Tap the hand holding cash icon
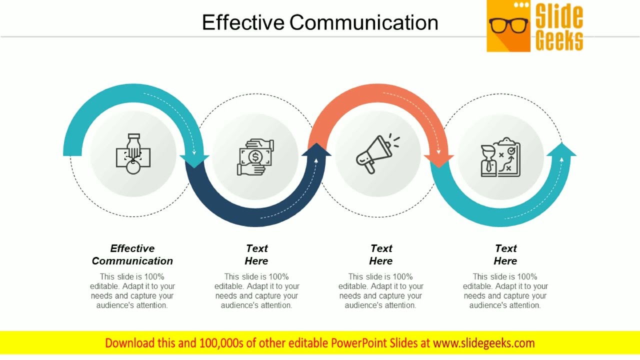click(x=255, y=156)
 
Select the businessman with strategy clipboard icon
click(x=500, y=157)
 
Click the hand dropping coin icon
click(x=133, y=153)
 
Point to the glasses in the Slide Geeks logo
click(x=508, y=25)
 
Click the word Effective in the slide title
click(x=243, y=22)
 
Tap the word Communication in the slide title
click(x=363, y=22)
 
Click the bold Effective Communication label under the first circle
click(x=132, y=254)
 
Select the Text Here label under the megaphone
click(x=381, y=254)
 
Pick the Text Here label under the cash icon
click(x=256, y=254)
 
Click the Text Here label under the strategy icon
click(x=505, y=254)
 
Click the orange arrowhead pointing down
click(x=439, y=160)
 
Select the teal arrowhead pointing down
click(x=194, y=160)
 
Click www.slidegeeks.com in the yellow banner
click(x=483, y=343)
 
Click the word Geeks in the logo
click(x=559, y=40)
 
